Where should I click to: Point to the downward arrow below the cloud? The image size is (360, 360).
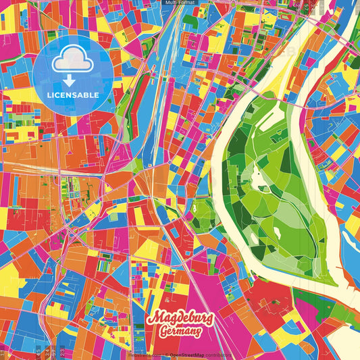(x=69, y=80)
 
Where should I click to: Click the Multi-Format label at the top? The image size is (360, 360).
(x=179, y=3)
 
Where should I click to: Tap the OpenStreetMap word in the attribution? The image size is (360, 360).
(x=190, y=354)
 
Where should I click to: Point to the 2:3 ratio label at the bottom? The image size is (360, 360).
(x=62, y=351)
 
